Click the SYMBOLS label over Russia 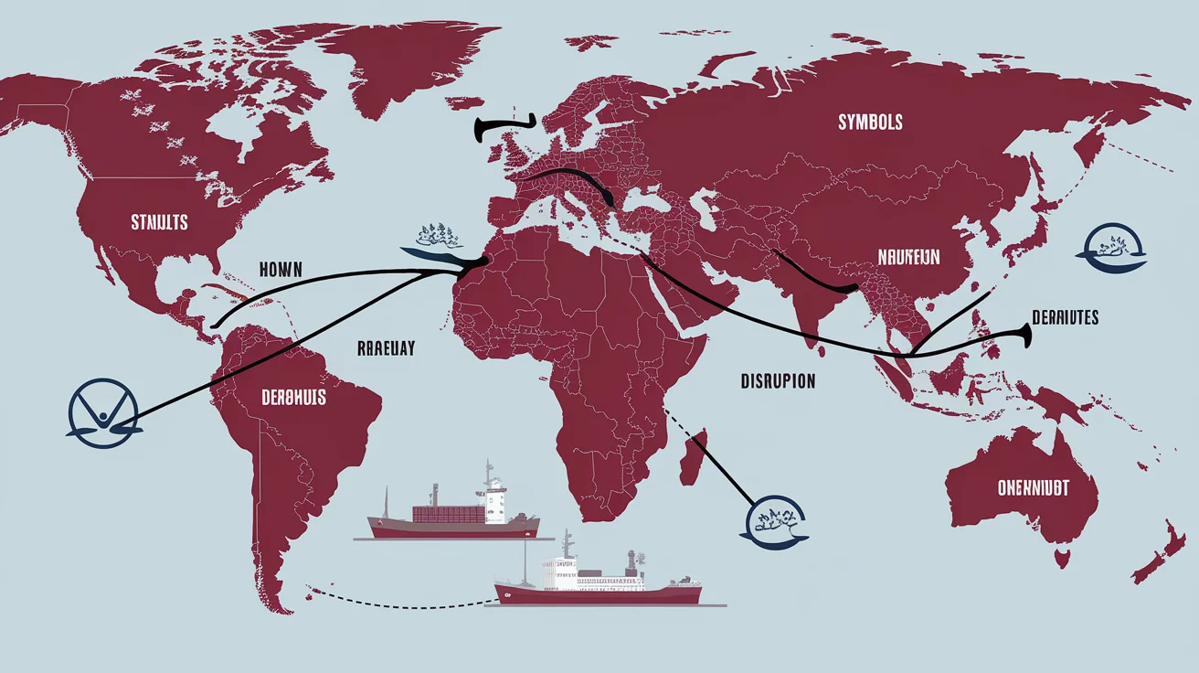click(870, 122)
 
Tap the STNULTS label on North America click(159, 221)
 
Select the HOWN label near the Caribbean click(286, 270)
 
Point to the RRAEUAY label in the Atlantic click(385, 347)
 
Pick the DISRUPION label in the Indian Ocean click(778, 381)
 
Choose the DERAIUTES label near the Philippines click(1065, 317)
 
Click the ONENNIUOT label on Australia click(1033, 488)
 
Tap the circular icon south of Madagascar click(772, 522)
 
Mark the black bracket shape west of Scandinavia click(503, 130)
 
